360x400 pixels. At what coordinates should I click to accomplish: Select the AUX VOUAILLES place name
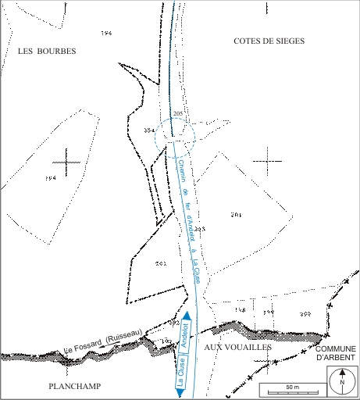[237, 346]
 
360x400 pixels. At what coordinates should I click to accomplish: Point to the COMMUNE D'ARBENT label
[336, 352]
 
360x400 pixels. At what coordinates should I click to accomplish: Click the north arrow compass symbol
[340, 383]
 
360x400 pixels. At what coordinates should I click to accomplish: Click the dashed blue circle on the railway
[174, 136]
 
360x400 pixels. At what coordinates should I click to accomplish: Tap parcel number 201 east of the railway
[237, 214]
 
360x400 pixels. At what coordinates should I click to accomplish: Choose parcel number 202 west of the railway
[160, 264]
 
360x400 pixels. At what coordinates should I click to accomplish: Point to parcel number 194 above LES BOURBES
[107, 33]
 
